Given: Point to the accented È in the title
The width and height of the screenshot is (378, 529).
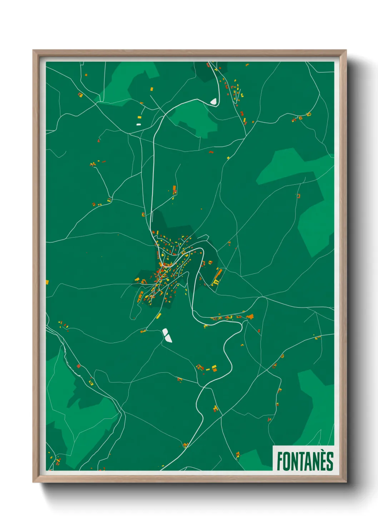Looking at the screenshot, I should (x=324, y=461).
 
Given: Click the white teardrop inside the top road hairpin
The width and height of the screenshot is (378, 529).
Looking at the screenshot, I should (x=214, y=102).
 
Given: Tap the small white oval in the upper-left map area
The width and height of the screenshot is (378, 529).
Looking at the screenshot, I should (x=139, y=124).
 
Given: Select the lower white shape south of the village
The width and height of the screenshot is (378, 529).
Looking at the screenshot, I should (x=169, y=338).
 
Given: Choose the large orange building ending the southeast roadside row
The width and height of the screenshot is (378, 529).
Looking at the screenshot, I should (x=250, y=317).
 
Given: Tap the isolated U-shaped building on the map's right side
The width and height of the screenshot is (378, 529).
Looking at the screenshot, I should (x=298, y=196).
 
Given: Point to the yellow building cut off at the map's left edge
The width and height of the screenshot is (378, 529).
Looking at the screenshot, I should (x=47, y=282).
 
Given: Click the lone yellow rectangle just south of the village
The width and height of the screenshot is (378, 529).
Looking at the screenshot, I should (x=158, y=316).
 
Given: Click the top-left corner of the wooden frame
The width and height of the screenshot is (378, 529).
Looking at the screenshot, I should (x=34, y=51).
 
